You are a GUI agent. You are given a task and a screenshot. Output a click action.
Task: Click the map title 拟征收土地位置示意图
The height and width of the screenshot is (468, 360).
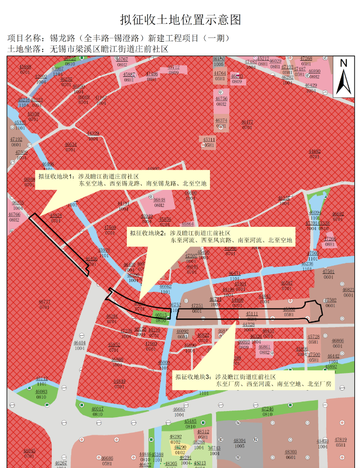180,19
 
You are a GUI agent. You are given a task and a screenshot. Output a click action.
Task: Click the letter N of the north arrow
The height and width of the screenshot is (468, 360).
344,63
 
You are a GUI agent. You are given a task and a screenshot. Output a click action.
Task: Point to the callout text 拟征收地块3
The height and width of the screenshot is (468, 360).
193,376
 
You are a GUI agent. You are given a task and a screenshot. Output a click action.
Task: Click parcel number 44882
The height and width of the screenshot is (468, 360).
315,151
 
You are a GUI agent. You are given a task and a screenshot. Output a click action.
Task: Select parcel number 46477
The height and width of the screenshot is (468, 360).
247,122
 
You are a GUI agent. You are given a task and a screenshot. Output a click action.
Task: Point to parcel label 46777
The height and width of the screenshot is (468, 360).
44,302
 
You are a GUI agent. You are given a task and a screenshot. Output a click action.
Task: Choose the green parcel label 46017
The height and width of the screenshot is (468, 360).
97,409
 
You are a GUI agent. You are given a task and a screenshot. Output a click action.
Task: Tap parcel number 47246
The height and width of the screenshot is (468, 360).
267,409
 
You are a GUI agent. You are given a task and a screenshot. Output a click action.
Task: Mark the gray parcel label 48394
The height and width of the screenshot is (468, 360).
239,440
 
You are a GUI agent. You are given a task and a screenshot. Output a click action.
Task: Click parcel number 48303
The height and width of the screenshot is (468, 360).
291,452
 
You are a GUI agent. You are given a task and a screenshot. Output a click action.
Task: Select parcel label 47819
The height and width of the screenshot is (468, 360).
341,440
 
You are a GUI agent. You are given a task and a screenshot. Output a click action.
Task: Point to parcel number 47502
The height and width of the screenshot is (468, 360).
330,300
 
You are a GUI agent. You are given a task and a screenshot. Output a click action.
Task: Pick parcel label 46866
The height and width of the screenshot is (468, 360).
338,340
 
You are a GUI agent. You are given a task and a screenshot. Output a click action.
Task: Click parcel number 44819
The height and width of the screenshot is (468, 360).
119,381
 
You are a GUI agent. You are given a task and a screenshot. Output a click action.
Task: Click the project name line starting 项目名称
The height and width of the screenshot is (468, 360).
119,38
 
